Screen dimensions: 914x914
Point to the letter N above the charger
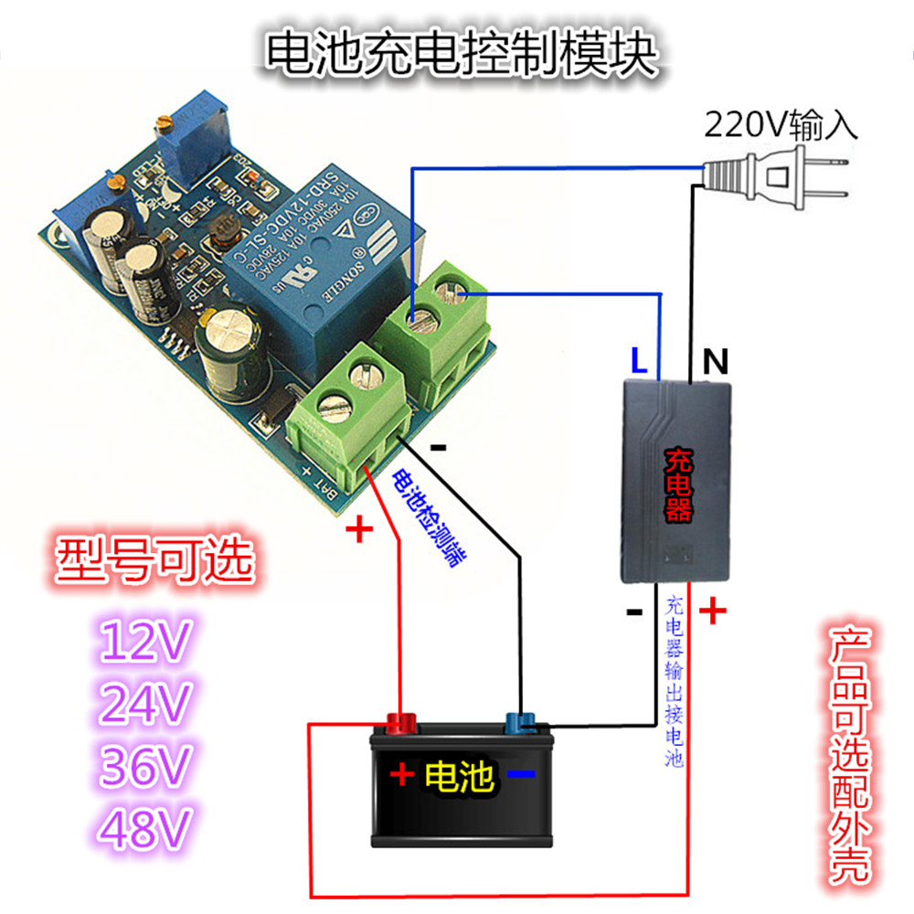[715, 363]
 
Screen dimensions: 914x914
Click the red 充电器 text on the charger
[676, 484]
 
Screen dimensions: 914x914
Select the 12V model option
[146, 643]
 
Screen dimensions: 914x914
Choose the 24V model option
[146, 705]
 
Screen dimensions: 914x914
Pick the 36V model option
[146, 767]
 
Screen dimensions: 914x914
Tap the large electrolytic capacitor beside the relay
[236, 343]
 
